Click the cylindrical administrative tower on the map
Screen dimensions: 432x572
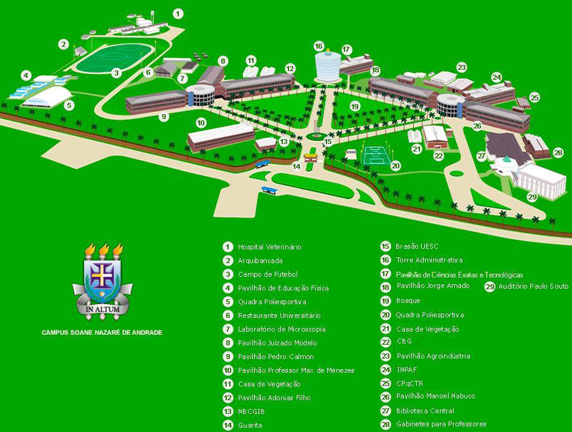click(328, 66)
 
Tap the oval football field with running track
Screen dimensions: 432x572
click(115, 57)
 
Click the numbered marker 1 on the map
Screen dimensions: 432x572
click(178, 13)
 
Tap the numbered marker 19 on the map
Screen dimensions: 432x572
click(355, 107)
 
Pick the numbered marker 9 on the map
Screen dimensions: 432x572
click(164, 116)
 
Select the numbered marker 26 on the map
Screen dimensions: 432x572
click(477, 125)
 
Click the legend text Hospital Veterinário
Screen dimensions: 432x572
click(269, 247)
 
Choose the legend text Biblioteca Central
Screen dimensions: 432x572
click(425, 411)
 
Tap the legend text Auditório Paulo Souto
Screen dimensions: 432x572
click(533, 287)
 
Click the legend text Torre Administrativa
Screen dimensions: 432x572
click(429, 260)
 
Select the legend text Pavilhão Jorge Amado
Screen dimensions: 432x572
click(433, 286)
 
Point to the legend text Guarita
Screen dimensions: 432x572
click(250, 425)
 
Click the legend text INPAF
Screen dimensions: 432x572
click(406, 370)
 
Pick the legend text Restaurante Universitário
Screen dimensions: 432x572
click(279, 315)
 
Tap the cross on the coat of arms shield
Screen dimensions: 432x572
click(103, 272)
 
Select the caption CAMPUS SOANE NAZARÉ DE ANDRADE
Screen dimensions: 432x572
click(102, 332)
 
